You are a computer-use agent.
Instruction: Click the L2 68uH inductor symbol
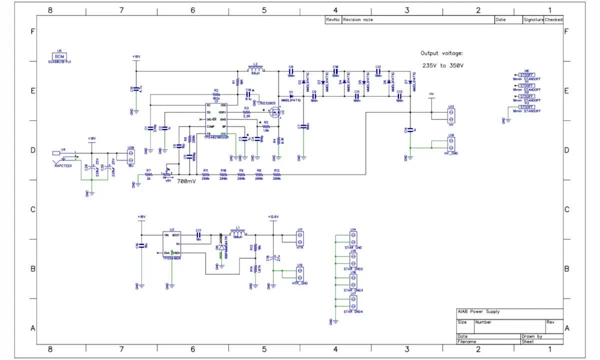[x=255, y=69]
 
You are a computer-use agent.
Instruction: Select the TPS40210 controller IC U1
[x=216, y=120]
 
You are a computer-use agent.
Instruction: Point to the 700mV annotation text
[x=187, y=181]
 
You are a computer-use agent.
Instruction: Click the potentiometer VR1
[x=168, y=175]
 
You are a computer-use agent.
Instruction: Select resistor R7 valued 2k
[x=148, y=175]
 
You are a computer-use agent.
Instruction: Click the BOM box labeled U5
[x=59, y=56]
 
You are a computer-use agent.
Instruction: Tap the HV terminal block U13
[x=451, y=116]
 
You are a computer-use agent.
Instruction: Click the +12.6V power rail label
[x=272, y=216]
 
